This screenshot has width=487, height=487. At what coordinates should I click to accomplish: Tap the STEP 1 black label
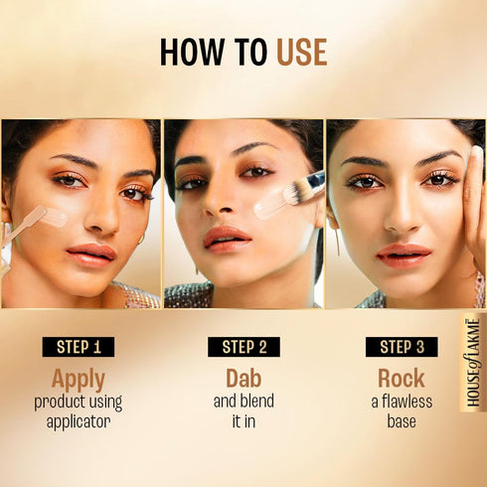coord(78,347)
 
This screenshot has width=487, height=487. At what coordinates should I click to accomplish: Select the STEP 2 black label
coord(244,347)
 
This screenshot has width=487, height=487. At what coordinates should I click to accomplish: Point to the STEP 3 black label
coord(402,347)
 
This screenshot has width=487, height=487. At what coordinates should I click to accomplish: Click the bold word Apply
coord(78,379)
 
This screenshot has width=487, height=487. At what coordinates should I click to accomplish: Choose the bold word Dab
coord(244,379)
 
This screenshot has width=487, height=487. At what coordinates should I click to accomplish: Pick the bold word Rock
coord(402,379)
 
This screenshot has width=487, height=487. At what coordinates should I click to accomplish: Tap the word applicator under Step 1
coord(78,421)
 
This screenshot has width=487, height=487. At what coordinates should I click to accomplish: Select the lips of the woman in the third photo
coord(403,253)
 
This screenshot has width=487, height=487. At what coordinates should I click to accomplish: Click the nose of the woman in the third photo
coord(399,213)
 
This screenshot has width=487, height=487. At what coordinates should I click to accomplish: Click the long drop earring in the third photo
coord(337,242)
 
